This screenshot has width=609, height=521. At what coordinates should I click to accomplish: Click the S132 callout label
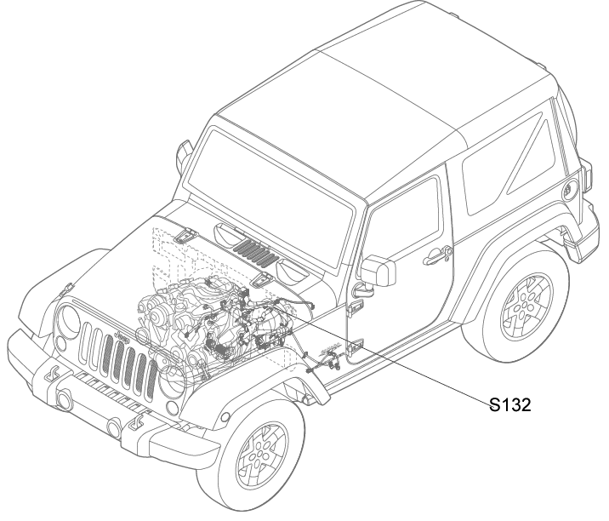coord(510,405)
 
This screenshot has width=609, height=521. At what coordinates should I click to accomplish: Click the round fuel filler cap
coord(570,190)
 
